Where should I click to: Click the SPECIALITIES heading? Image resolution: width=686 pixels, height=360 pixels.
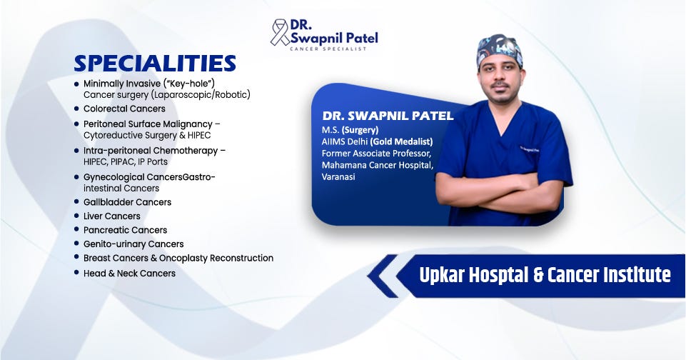[155, 64]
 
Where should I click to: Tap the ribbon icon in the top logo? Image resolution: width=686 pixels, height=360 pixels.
[279, 32]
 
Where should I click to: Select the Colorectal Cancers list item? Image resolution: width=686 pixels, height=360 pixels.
[124, 109]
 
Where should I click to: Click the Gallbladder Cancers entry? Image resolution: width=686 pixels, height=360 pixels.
[127, 202]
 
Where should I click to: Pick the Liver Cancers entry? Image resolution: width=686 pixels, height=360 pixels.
[112, 216]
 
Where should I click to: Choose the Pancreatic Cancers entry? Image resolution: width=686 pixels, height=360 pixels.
[125, 230]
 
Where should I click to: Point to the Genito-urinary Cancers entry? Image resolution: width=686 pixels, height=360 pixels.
[133, 244]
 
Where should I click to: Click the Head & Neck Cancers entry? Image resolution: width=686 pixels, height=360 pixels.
[129, 274]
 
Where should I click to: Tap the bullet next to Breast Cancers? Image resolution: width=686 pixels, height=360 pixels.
[76, 258]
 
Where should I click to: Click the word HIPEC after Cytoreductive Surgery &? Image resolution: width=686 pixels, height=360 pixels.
[199, 135]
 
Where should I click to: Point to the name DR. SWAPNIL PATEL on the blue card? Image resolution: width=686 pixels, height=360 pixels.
[388, 116]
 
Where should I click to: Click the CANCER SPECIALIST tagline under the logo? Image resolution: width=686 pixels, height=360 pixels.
[328, 49]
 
